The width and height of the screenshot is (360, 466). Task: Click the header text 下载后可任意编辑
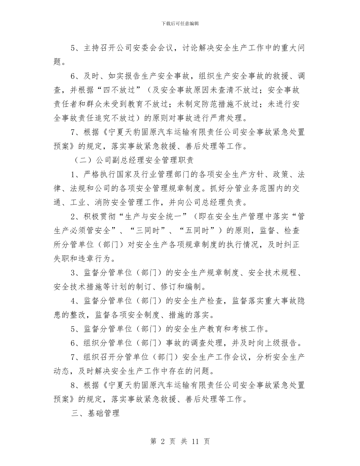coord(180,23)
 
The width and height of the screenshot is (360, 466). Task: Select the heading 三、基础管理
coord(95,413)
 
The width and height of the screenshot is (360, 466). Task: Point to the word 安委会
coord(146,48)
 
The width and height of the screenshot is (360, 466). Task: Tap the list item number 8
coord(74,385)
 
